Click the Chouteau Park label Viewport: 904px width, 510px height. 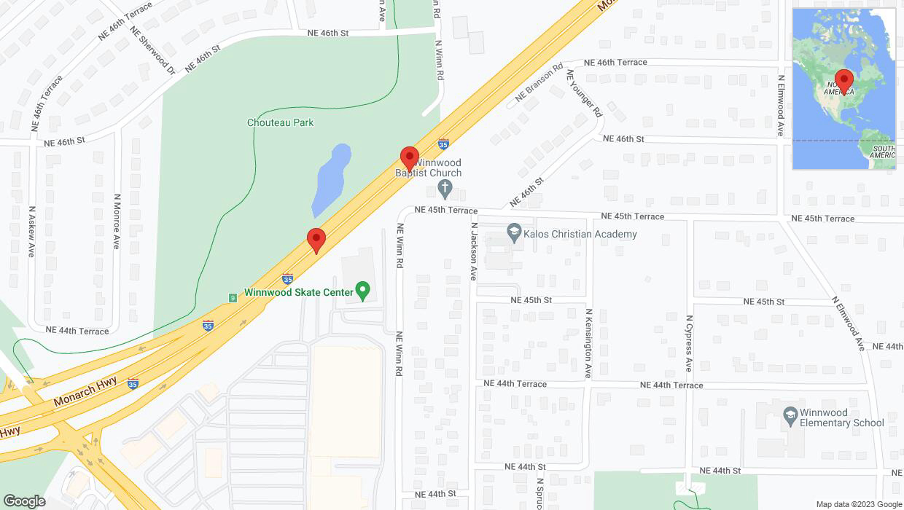(x=280, y=122)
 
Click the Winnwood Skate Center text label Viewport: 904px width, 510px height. (x=299, y=292)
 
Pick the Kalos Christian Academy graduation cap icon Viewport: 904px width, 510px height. (x=514, y=234)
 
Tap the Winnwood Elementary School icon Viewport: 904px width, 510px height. (x=789, y=416)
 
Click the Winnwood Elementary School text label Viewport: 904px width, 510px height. (x=841, y=417)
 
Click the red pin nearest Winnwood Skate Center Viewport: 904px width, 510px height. (x=316, y=240)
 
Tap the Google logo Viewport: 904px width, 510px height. (x=24, y=501)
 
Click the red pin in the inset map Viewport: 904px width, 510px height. (x=844, y=81)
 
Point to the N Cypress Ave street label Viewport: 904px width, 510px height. (x=688, y=343)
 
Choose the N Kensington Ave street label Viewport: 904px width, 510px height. (x=588, y=343)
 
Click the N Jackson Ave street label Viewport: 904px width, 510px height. (x=473, y=251)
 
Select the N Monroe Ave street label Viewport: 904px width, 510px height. (x=116, y=221)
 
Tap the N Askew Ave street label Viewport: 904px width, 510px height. (x=31, y=231)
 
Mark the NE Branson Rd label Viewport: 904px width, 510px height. (x=539, y=82)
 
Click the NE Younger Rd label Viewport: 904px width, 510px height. (x=585, y=93)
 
